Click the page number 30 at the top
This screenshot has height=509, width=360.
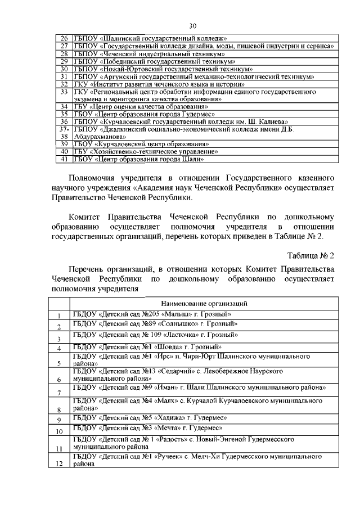click(192, 26)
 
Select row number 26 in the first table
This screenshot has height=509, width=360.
click(64, 37)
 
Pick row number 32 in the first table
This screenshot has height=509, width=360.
click(64, 83)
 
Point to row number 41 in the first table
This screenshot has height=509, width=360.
click(64, 159)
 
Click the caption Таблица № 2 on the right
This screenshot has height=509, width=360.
click(310, 255)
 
